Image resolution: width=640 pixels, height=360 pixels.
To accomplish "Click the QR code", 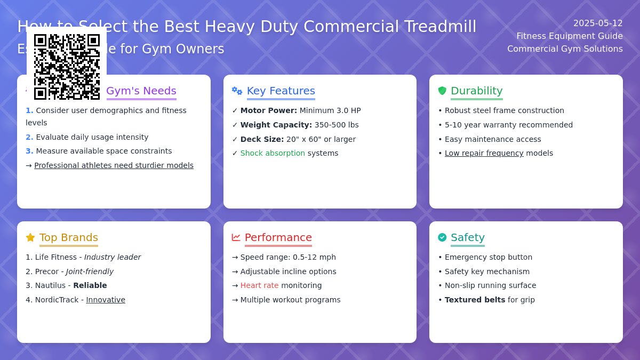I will [67, 67].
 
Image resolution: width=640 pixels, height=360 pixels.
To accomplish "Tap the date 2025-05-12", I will [597, 23].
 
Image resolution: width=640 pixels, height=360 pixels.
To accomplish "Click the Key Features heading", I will [281, 91].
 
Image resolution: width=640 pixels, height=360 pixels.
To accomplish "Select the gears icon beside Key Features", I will [237, 91].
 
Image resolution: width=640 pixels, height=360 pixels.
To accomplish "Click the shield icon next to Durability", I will [442, 91].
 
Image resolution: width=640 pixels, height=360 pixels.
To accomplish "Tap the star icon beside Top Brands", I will [30, 237].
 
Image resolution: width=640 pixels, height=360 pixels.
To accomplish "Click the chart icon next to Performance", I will [236, 237].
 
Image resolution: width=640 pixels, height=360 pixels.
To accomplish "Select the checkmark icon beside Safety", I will [442, 237].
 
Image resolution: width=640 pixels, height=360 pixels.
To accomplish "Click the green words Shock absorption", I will [273, 153].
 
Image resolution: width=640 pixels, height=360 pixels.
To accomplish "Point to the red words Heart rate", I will [259, 285].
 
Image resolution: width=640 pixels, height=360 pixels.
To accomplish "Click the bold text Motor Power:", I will [268, 110].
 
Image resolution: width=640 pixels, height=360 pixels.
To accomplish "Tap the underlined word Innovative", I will [106, 300].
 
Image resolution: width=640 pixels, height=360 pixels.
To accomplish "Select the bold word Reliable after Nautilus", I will [90, 285].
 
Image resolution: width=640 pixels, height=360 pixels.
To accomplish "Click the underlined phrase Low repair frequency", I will [484, 153].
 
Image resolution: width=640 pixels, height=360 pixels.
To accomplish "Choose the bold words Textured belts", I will [475, 300].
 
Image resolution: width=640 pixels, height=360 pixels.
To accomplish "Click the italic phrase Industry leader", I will [113, 257].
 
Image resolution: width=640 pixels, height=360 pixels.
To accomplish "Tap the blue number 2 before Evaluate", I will [29, 137].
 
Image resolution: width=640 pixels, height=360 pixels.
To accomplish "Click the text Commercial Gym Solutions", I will [565, 49].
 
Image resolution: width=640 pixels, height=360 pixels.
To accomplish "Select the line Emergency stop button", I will [488, 257].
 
